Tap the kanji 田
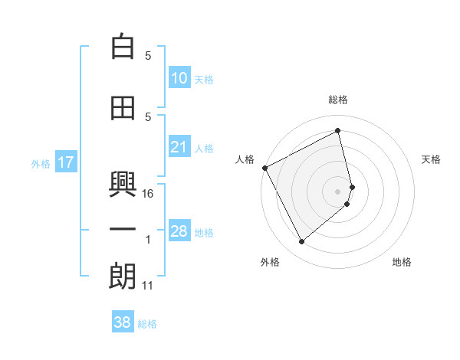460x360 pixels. click(x=123, y=108)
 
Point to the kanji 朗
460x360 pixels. click(x=123, y=277)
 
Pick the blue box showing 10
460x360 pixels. click(x=179, y=78)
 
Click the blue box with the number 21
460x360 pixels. click(x=179, y=147)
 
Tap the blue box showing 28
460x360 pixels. click(x=179, y=231)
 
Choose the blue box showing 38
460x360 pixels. click(x=123, y=322)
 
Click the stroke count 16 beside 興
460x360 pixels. click(x=149, y=194)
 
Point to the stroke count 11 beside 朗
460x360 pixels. click(x=148, y=286)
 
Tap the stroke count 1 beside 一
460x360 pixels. click(x=148, y=240)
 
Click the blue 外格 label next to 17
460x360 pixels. click(x=40, y=163)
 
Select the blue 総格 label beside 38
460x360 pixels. click(x=147, y=324)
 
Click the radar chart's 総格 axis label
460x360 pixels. click(x=337, y=100)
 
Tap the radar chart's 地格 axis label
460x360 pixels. click(x=402, y=262)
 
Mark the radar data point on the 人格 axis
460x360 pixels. click(x=264, y=168)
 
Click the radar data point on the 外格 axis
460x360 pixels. click(x=301, y=242)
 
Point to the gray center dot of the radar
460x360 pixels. click(x=338, y=191)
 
